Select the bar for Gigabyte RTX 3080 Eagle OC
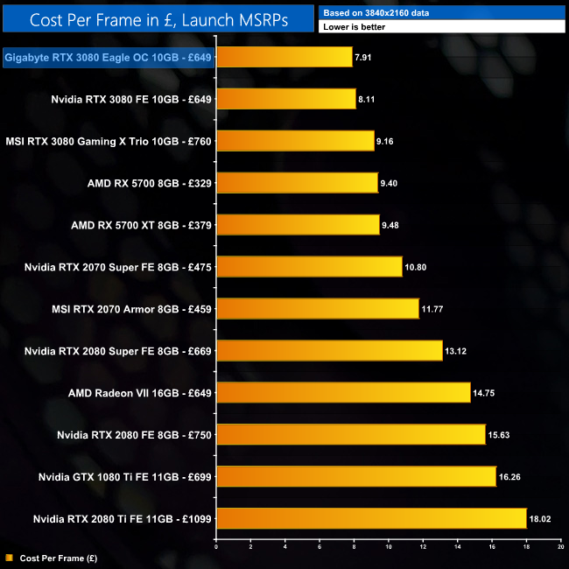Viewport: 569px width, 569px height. coord(284,57)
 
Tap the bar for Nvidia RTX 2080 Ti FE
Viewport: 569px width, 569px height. coord(370,519)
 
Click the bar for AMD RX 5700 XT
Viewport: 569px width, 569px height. coord(297,225)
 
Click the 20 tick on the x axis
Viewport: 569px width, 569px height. coord(560,547)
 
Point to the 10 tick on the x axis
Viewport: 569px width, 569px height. coord(388,547)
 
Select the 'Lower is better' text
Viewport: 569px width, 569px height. coord(354,27)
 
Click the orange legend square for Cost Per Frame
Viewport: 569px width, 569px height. coord(9,557)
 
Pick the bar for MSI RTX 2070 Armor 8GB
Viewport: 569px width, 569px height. coord(317,309)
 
